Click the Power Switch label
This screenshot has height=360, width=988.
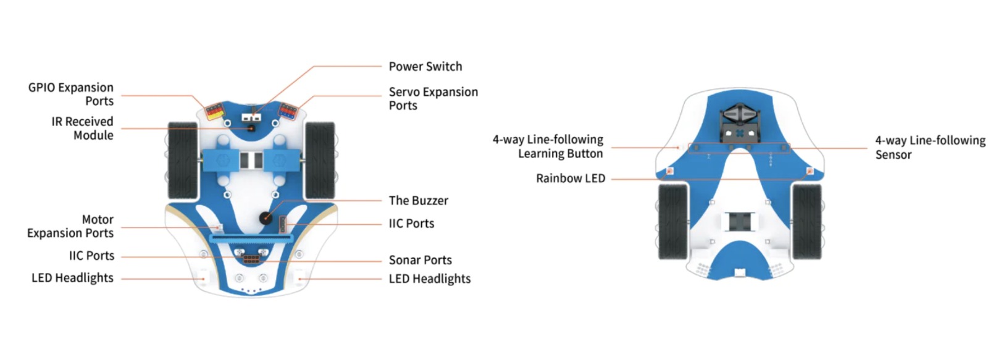425,67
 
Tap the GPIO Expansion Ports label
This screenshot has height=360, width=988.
70,94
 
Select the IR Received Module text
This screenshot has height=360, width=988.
82,128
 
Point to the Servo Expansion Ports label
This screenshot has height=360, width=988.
433,99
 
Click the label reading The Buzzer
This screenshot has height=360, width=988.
418,201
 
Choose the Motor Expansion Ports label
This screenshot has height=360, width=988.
70,227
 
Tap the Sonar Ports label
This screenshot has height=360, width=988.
421,261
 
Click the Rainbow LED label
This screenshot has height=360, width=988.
571,178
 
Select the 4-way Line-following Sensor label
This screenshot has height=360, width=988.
930,148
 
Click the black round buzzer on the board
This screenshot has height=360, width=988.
266,217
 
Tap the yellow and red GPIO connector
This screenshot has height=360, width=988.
215,111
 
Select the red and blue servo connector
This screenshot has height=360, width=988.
288,111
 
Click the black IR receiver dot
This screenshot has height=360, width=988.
251,128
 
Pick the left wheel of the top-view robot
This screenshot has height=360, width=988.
183,161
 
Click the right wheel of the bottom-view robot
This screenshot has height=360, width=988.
806,222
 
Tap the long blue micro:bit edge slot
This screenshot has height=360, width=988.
251,239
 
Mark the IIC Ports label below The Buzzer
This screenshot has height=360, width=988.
411,224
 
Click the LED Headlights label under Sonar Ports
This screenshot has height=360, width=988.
430,279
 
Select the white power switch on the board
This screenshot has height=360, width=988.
251,117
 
